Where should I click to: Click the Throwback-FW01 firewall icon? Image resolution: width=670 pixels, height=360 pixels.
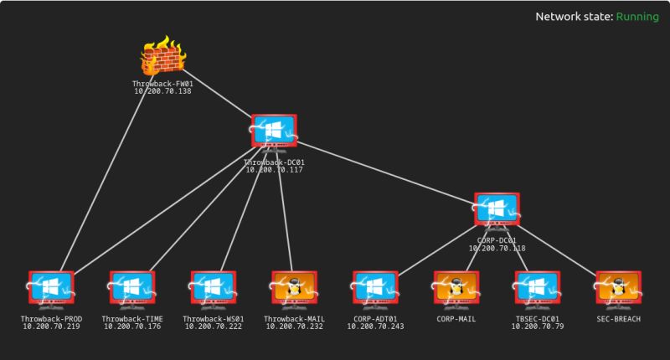click(x=162, y=58)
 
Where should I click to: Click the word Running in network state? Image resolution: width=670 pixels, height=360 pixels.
click(x=637, y=17)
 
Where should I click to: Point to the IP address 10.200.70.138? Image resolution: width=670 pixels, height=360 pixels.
click(x=162, y=90)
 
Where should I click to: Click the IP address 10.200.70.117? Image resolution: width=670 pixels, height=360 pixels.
click(x=274, y=169)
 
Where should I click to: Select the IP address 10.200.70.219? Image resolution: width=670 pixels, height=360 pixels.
click(x=51, y=326)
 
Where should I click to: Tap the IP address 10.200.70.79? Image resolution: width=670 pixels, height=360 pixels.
click(x=537, y=326)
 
